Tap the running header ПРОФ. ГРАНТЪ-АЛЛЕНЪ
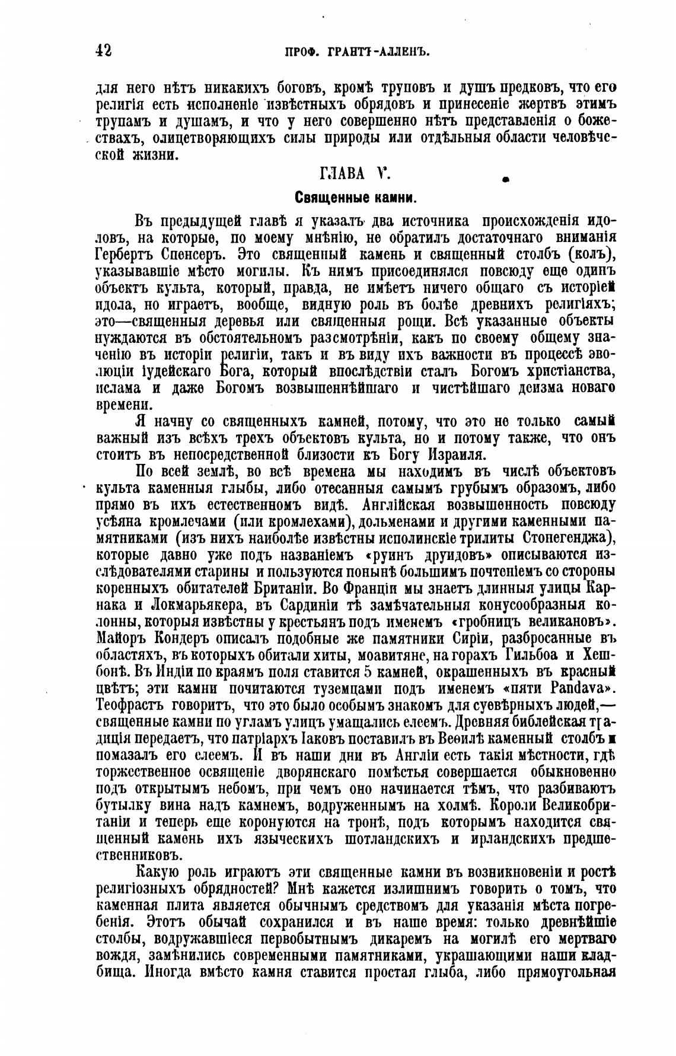357,52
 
